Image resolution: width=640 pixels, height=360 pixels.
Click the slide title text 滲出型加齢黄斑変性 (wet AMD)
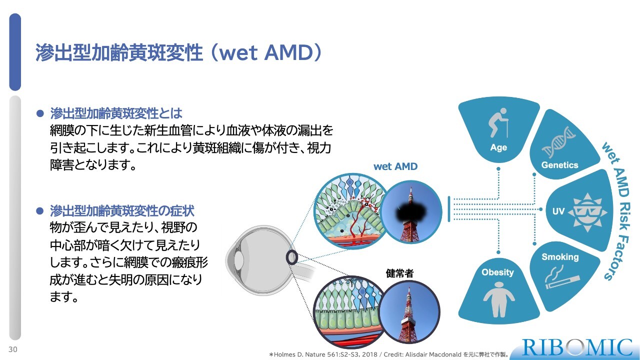178,53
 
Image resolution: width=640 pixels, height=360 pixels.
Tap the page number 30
13,349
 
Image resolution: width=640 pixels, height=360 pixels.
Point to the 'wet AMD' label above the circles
395,166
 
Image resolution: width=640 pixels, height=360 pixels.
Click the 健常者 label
399,273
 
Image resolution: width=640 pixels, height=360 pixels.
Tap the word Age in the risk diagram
498,147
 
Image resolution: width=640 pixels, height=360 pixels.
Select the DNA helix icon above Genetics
560,141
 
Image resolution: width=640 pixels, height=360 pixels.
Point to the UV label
558,211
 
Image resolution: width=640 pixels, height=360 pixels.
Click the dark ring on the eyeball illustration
291,257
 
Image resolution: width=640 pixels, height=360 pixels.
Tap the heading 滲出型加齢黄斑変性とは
116,113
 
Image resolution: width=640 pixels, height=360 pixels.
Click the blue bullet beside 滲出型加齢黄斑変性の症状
40,211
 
